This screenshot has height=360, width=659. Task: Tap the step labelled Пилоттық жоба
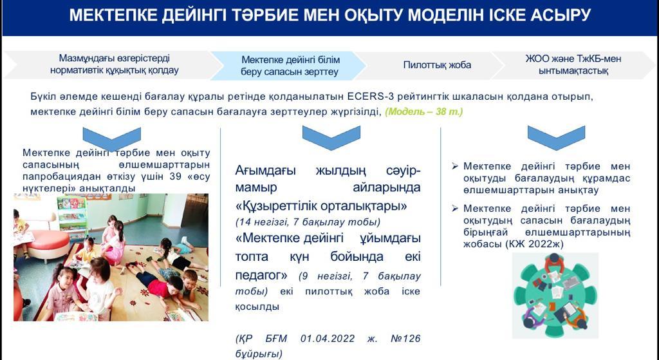(437, 65)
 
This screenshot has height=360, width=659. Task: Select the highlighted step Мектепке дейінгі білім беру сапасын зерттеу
(290, 66)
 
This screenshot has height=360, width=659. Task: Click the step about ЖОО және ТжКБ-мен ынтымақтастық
(573, 65)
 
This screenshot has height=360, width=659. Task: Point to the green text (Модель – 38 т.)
(424, 112)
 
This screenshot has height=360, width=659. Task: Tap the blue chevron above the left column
(112, 138)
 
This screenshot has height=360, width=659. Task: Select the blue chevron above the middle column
(331, 138)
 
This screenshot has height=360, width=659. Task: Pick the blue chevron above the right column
(556, 138)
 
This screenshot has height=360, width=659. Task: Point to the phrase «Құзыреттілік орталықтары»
(321, 207)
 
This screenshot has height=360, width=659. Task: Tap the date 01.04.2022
(328, 339)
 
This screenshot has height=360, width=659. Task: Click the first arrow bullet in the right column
(455, 167)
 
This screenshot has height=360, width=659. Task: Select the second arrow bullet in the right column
(455, 209)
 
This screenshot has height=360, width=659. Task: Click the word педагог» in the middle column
(261, 276)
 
